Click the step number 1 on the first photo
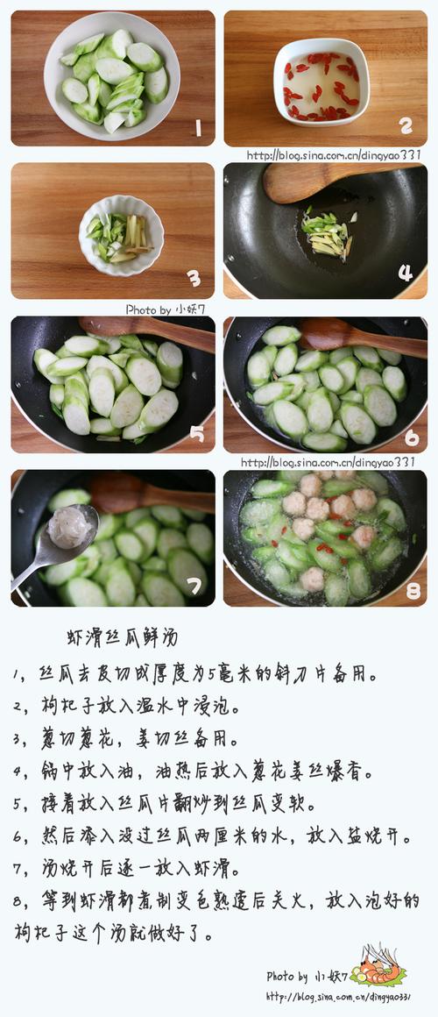tap(198, 128)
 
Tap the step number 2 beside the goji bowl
tap(406, 126)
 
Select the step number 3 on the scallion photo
tap(194, 278)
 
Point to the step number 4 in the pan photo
tap(406, 273)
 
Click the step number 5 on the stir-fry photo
tap(197, 433)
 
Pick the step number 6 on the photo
tap(412, 437)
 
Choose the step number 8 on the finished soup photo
tap(413, 590)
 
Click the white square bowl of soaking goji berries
tap(321, 82)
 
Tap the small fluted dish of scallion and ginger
tap(121, 236)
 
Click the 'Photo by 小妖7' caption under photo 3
tap(166, 309)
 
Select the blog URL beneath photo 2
tap(334, 155)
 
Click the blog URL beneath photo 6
tap(328, 462)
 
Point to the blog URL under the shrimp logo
tap(338, 996)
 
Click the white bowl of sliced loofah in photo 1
tap(112, 77)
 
